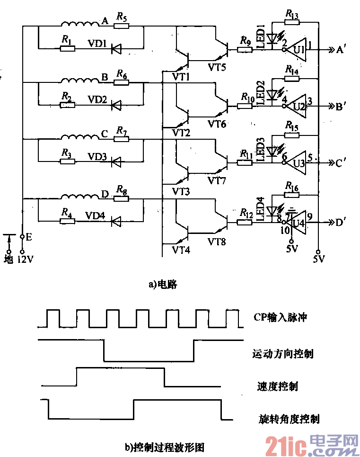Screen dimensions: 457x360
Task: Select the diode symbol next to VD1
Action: [115, 47]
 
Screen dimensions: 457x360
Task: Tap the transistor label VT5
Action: [217, 67]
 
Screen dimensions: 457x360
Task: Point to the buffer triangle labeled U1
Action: [297, 48]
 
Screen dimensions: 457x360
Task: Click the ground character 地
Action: [9, 260]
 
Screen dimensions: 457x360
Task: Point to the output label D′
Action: [342, 222]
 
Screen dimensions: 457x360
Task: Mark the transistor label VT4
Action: [181, 250]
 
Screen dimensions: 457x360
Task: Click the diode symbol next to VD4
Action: [115, 221]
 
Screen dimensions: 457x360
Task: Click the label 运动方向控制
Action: [282, 353]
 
